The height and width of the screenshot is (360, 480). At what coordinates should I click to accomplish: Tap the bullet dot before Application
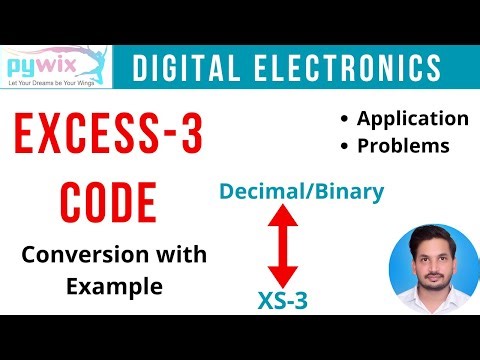pos(345,119)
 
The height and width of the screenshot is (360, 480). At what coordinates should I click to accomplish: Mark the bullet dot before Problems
pos(345,147)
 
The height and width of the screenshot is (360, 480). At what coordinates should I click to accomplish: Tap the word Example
pos(114,286)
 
